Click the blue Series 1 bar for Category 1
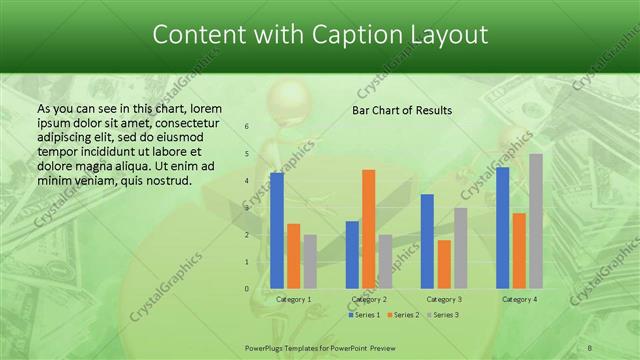pyautogui.click(x=277, y=230)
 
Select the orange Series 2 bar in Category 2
pyautogui.click(x=368, y=228)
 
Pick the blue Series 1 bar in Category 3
pyautogui.click(x=427, y=241)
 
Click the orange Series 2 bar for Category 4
pyautogui.click(x=519, y=250)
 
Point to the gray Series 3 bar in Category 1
pyautogui.click(x=310, y=261)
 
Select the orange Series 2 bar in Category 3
pyautogui.click(x=444, y=264)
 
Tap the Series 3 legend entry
pyautogui.click(x=445, y=315)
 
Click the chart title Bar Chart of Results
pyautogui.click(x=402, y=110)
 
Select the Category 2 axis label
pyautogui.click(x=369, y=299)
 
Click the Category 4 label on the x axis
pyautogui.click(x=519, y=299)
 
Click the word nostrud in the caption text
pyautogui.click(x=167, y=181)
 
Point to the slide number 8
pyautogui.click(x=590, y=346)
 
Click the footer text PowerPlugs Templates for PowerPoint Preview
pyautogui.click(x=320, y=346)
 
